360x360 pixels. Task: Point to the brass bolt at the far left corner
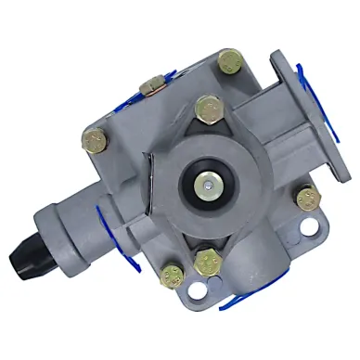(94, 140)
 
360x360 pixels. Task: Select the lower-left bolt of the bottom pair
(171, 275)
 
